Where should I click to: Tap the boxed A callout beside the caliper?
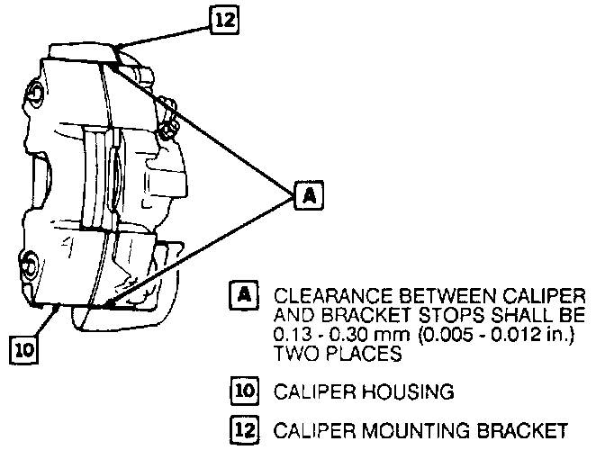(x=307, y=194)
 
